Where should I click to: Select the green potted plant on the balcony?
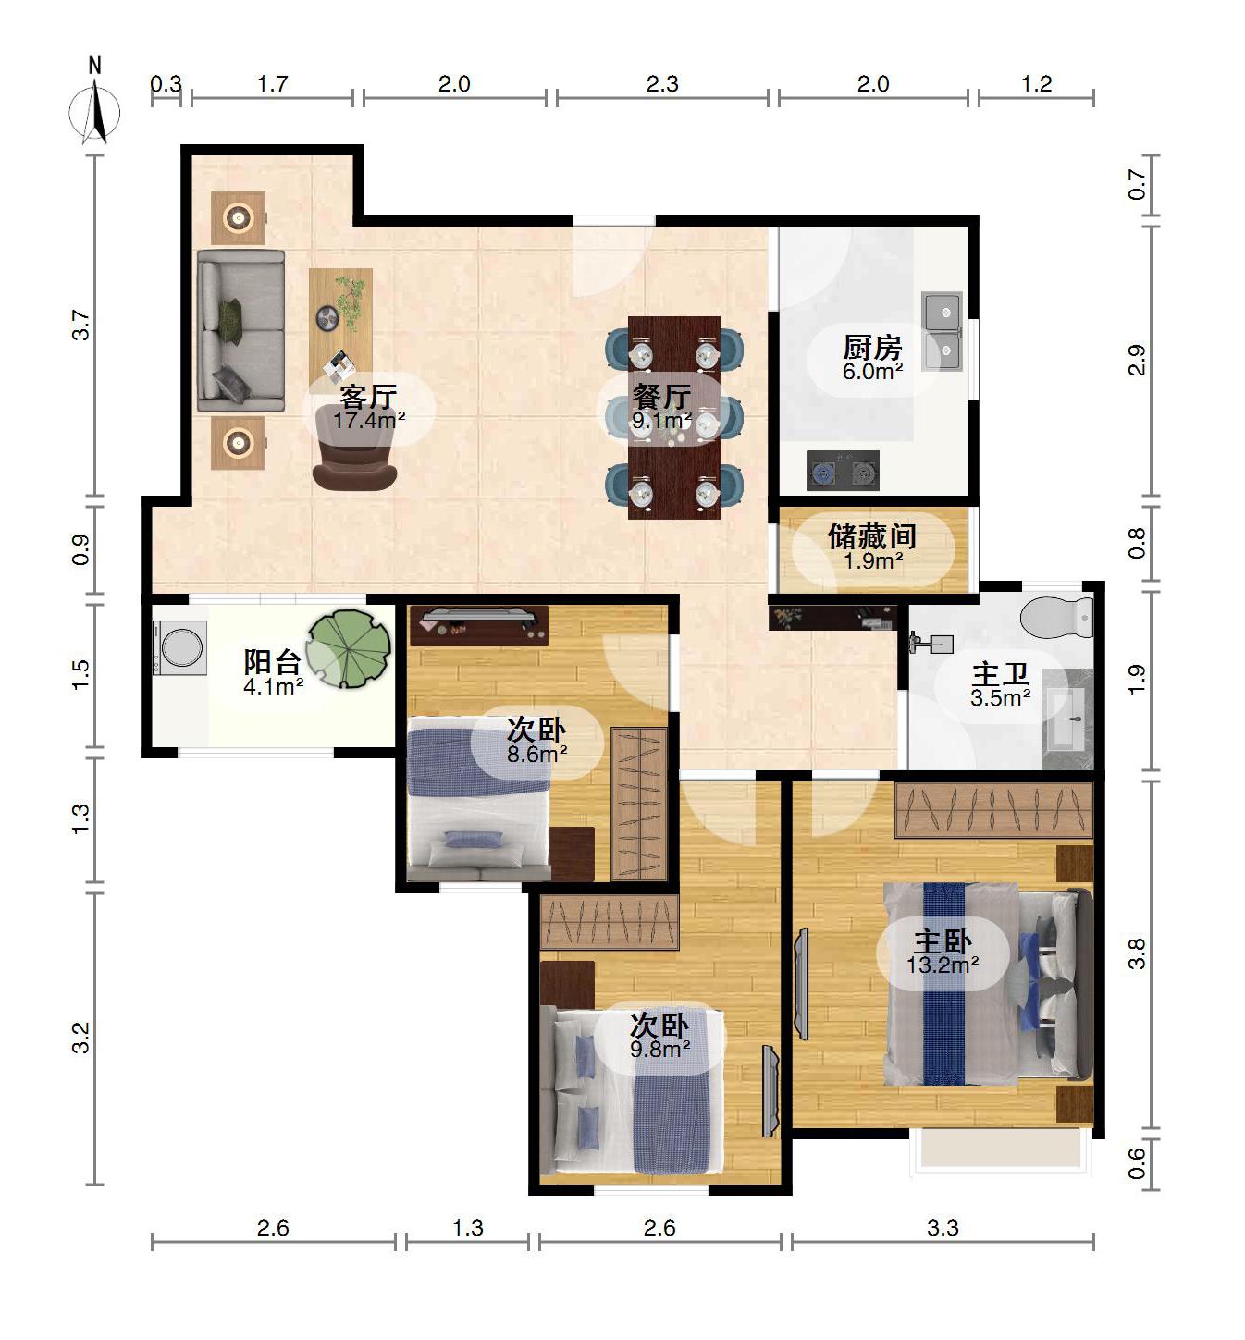pos(348,649)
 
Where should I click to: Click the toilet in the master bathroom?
pos(1056,615)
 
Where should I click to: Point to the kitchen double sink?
pos(943,331)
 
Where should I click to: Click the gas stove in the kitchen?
pos(844,471)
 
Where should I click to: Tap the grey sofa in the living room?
pos(240,331)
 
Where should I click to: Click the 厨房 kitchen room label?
pos(872,348)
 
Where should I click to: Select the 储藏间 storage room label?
pos(872,537)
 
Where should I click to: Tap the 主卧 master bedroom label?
pos(943,941)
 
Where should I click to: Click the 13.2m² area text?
pos(943,965)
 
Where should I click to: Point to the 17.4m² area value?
pos(369,421)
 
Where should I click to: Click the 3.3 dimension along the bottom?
pos(943,1228)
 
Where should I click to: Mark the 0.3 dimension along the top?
pos(166,84)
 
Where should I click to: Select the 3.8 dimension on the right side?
pos(1137,953)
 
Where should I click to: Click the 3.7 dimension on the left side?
pos(81,325)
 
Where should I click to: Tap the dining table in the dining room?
pos(673,418)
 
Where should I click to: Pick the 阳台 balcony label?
pos(273,662)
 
